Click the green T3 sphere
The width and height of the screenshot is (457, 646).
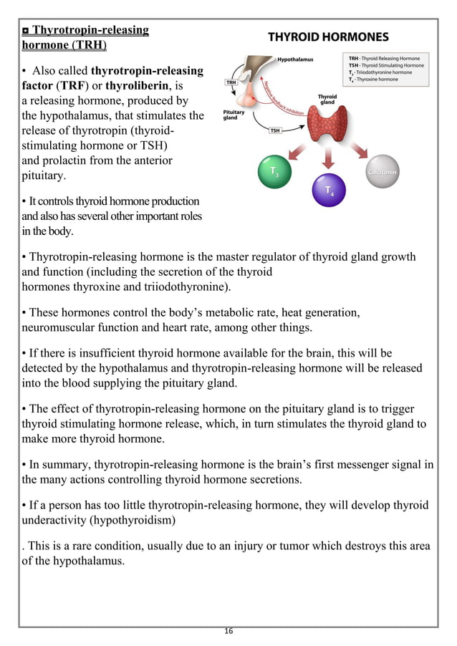coord(274,173)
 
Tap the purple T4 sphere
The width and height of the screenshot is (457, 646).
coord(329,190)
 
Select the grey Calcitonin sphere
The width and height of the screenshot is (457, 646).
coord(382,173)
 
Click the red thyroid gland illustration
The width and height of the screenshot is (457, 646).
coord(329,126)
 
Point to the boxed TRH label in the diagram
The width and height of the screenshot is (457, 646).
coord(231,83)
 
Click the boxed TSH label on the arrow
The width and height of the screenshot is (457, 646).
coord(275,130)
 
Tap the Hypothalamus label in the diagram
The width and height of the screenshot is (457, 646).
coord(295,59)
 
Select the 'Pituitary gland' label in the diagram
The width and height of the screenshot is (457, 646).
coord(234,115)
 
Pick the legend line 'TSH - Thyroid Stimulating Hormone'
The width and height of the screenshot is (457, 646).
coord(386,66)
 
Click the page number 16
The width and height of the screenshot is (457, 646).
coord(228,631)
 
